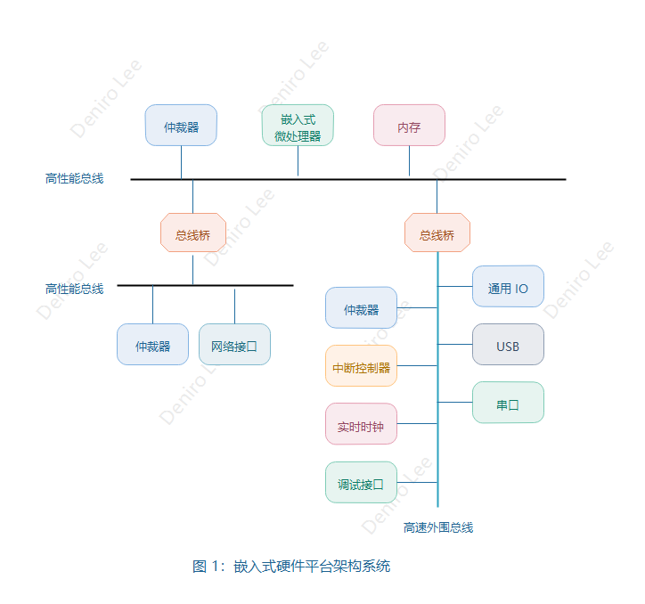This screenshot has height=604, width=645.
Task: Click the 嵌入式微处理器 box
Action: click(298, 125)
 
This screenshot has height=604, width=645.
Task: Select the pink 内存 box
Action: click(409, 126)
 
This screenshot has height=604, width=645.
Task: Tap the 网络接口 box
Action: click(234, 345)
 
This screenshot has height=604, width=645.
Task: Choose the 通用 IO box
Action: click(508, 287)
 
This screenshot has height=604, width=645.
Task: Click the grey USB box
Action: click(508, 345)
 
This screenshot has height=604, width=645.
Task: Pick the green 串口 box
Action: click(508, 403)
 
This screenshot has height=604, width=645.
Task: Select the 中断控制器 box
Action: click(361, 366)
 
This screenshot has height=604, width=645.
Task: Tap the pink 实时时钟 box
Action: click(361, 424)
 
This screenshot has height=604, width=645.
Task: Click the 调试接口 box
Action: click(361, 483)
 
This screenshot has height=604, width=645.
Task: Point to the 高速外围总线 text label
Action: click(438, 527)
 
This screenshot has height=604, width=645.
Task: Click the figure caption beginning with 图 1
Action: click(291, 566)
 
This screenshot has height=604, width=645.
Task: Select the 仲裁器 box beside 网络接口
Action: click(152, 345)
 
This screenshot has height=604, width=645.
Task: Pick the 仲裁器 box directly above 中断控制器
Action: click(361, 308)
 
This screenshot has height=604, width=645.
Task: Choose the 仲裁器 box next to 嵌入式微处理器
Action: click(181, 126)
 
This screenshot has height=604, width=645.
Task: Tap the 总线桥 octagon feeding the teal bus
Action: click(437, 233)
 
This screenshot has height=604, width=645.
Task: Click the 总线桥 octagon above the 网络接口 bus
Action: click(192, 233)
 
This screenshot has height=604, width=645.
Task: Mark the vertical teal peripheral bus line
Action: click(437, 445)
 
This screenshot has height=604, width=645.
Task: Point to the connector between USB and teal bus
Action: click(455, 345)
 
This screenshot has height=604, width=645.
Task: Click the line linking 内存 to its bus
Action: click(409, 161)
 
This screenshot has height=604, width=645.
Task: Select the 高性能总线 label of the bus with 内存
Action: click(75, 178)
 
